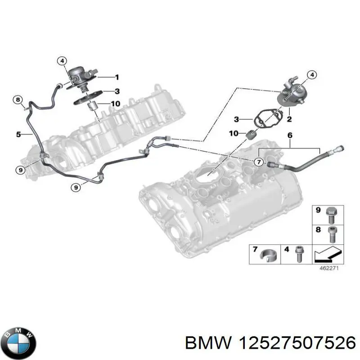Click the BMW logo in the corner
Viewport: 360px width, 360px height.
(x=18, y=341)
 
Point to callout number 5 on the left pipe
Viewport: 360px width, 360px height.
(x=18, y=134)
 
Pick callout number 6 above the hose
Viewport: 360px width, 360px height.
(x=289, y=135)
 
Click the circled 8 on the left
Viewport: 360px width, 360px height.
(x=18, y=99)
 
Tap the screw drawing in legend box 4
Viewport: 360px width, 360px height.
(x=297, y=255)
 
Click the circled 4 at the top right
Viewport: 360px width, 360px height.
(x=311, y=75)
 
